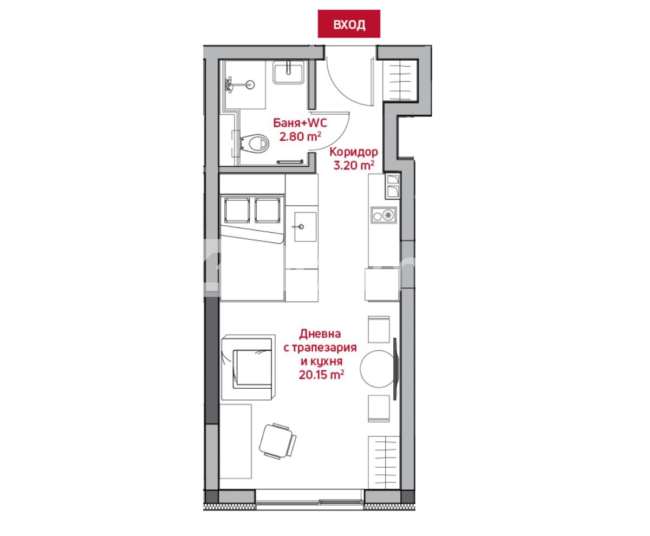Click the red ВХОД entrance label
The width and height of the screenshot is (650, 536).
pos(349,24)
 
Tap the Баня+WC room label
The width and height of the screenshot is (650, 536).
pos(300,123)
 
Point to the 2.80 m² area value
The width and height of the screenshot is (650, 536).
pos(300,136)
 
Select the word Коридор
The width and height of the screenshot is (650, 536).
pos(354,152)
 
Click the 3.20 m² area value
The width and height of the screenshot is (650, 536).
pos(354,165)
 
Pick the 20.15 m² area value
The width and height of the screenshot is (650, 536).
pos(321,375)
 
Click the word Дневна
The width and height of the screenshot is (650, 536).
pos(320,334)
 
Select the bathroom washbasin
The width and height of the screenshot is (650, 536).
pos(288,72)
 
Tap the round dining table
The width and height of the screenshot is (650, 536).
pos(378,369)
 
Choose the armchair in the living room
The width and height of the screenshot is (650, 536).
pos(248,367)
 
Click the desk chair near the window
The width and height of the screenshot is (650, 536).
pos(277,441)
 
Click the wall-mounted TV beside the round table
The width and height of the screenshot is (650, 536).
pos(395,369)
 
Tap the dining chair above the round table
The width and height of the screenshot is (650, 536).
pos(379,329)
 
